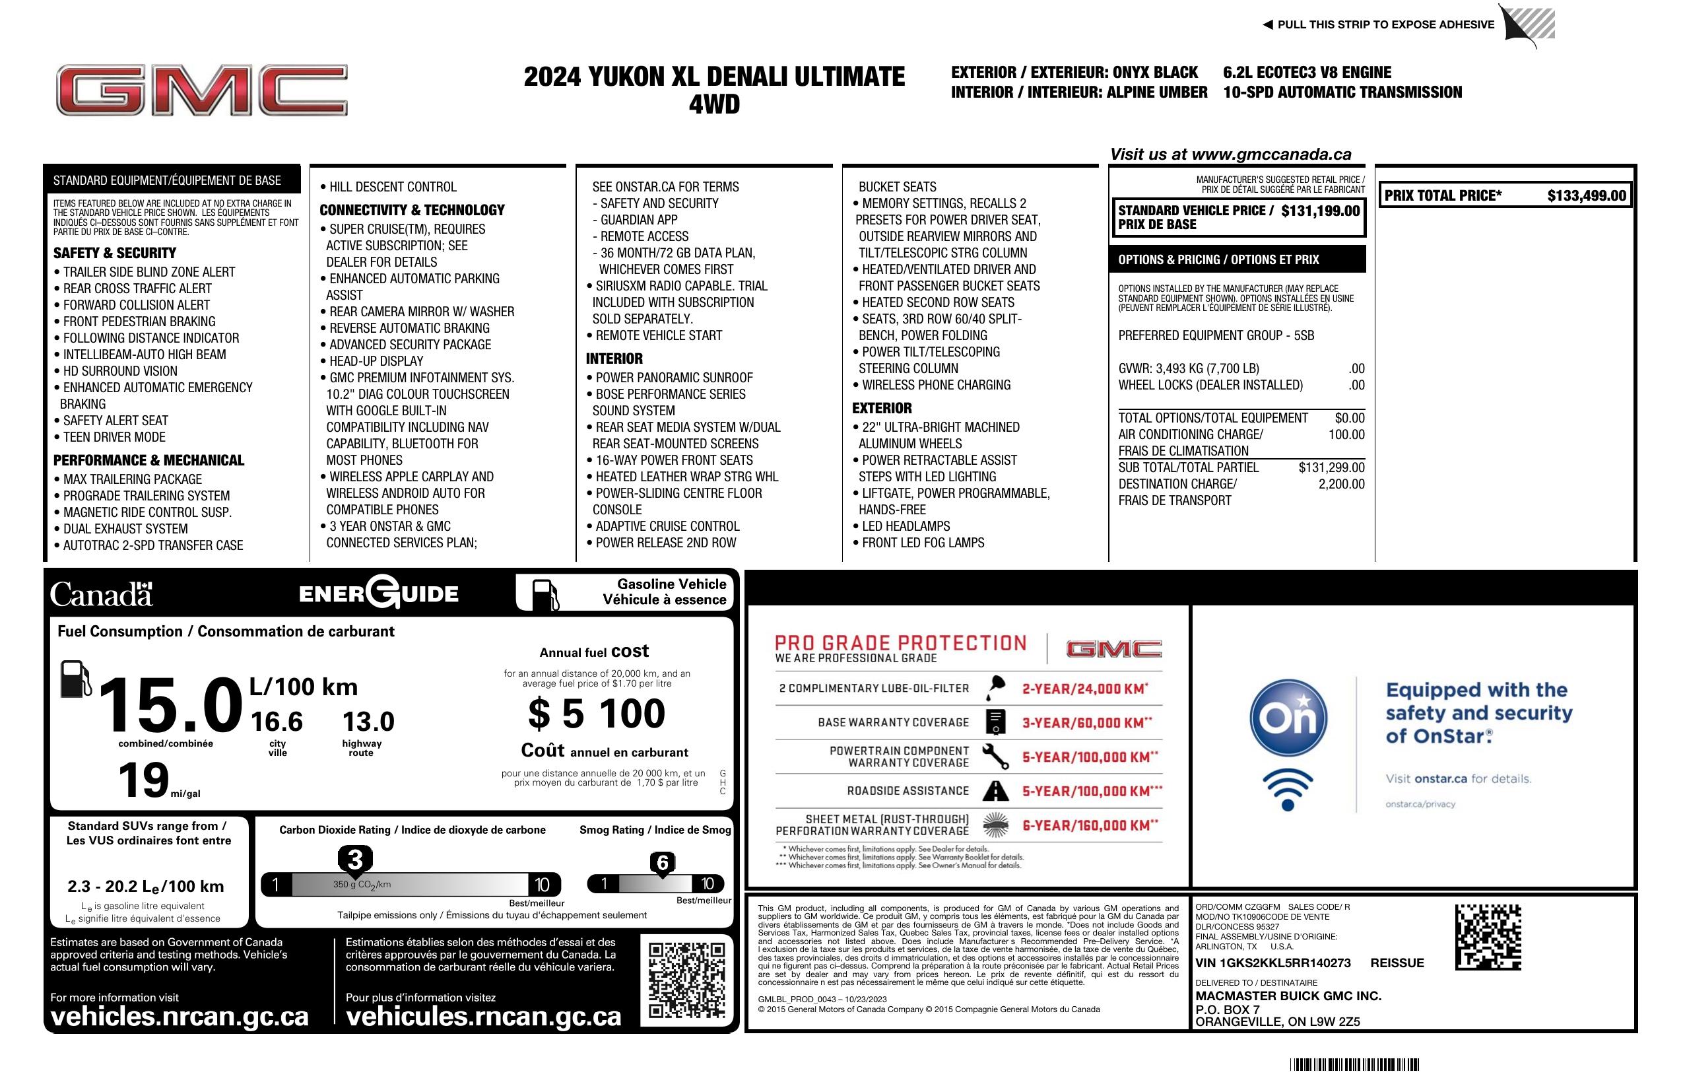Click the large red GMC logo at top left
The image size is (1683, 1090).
point(201,90)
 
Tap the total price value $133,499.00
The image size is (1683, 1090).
point(1586,196)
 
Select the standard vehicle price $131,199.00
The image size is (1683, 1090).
point(1319,211)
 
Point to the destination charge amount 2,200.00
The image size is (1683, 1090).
point(1340,485)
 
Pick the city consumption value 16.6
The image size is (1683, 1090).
point(277,722)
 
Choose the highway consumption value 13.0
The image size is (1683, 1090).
point(368,722)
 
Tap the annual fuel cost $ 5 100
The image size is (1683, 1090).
point(597,713)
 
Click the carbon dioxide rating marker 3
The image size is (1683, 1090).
point(355,860)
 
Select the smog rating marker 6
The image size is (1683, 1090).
point(663,863)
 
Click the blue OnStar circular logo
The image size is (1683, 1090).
point(1288,718)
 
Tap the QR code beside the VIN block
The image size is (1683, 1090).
point(1488,937)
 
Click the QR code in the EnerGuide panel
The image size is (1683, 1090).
point(686,980)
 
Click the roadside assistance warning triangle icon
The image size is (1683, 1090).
point(996,791)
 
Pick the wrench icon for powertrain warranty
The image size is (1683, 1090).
point(996,757)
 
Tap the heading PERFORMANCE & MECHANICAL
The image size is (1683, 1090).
point(148,460)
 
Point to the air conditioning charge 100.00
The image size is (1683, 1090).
point(1346,435)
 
